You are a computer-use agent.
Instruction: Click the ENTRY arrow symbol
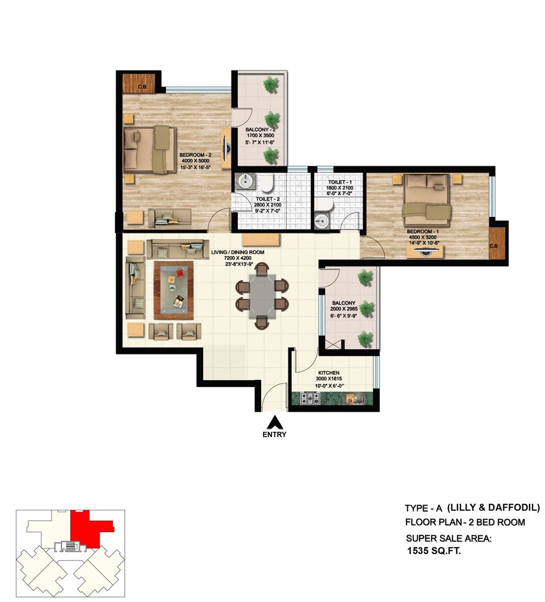(274, 422)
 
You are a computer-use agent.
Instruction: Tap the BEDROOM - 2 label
(195, 155)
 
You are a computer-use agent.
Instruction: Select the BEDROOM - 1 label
(422, 232)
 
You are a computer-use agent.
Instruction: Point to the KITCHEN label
(328, 373)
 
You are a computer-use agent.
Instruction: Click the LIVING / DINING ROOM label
(237, 252)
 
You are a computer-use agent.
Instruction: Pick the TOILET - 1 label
(339, 182)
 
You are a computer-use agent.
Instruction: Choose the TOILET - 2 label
(268, 199)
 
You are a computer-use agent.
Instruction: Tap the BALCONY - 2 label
(260, 130)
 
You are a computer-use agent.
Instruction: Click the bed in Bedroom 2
(149, 149)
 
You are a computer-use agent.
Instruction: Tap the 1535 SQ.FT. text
(434, 550)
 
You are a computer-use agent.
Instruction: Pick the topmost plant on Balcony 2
(271, 85)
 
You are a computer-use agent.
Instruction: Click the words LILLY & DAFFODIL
(493, 507)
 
